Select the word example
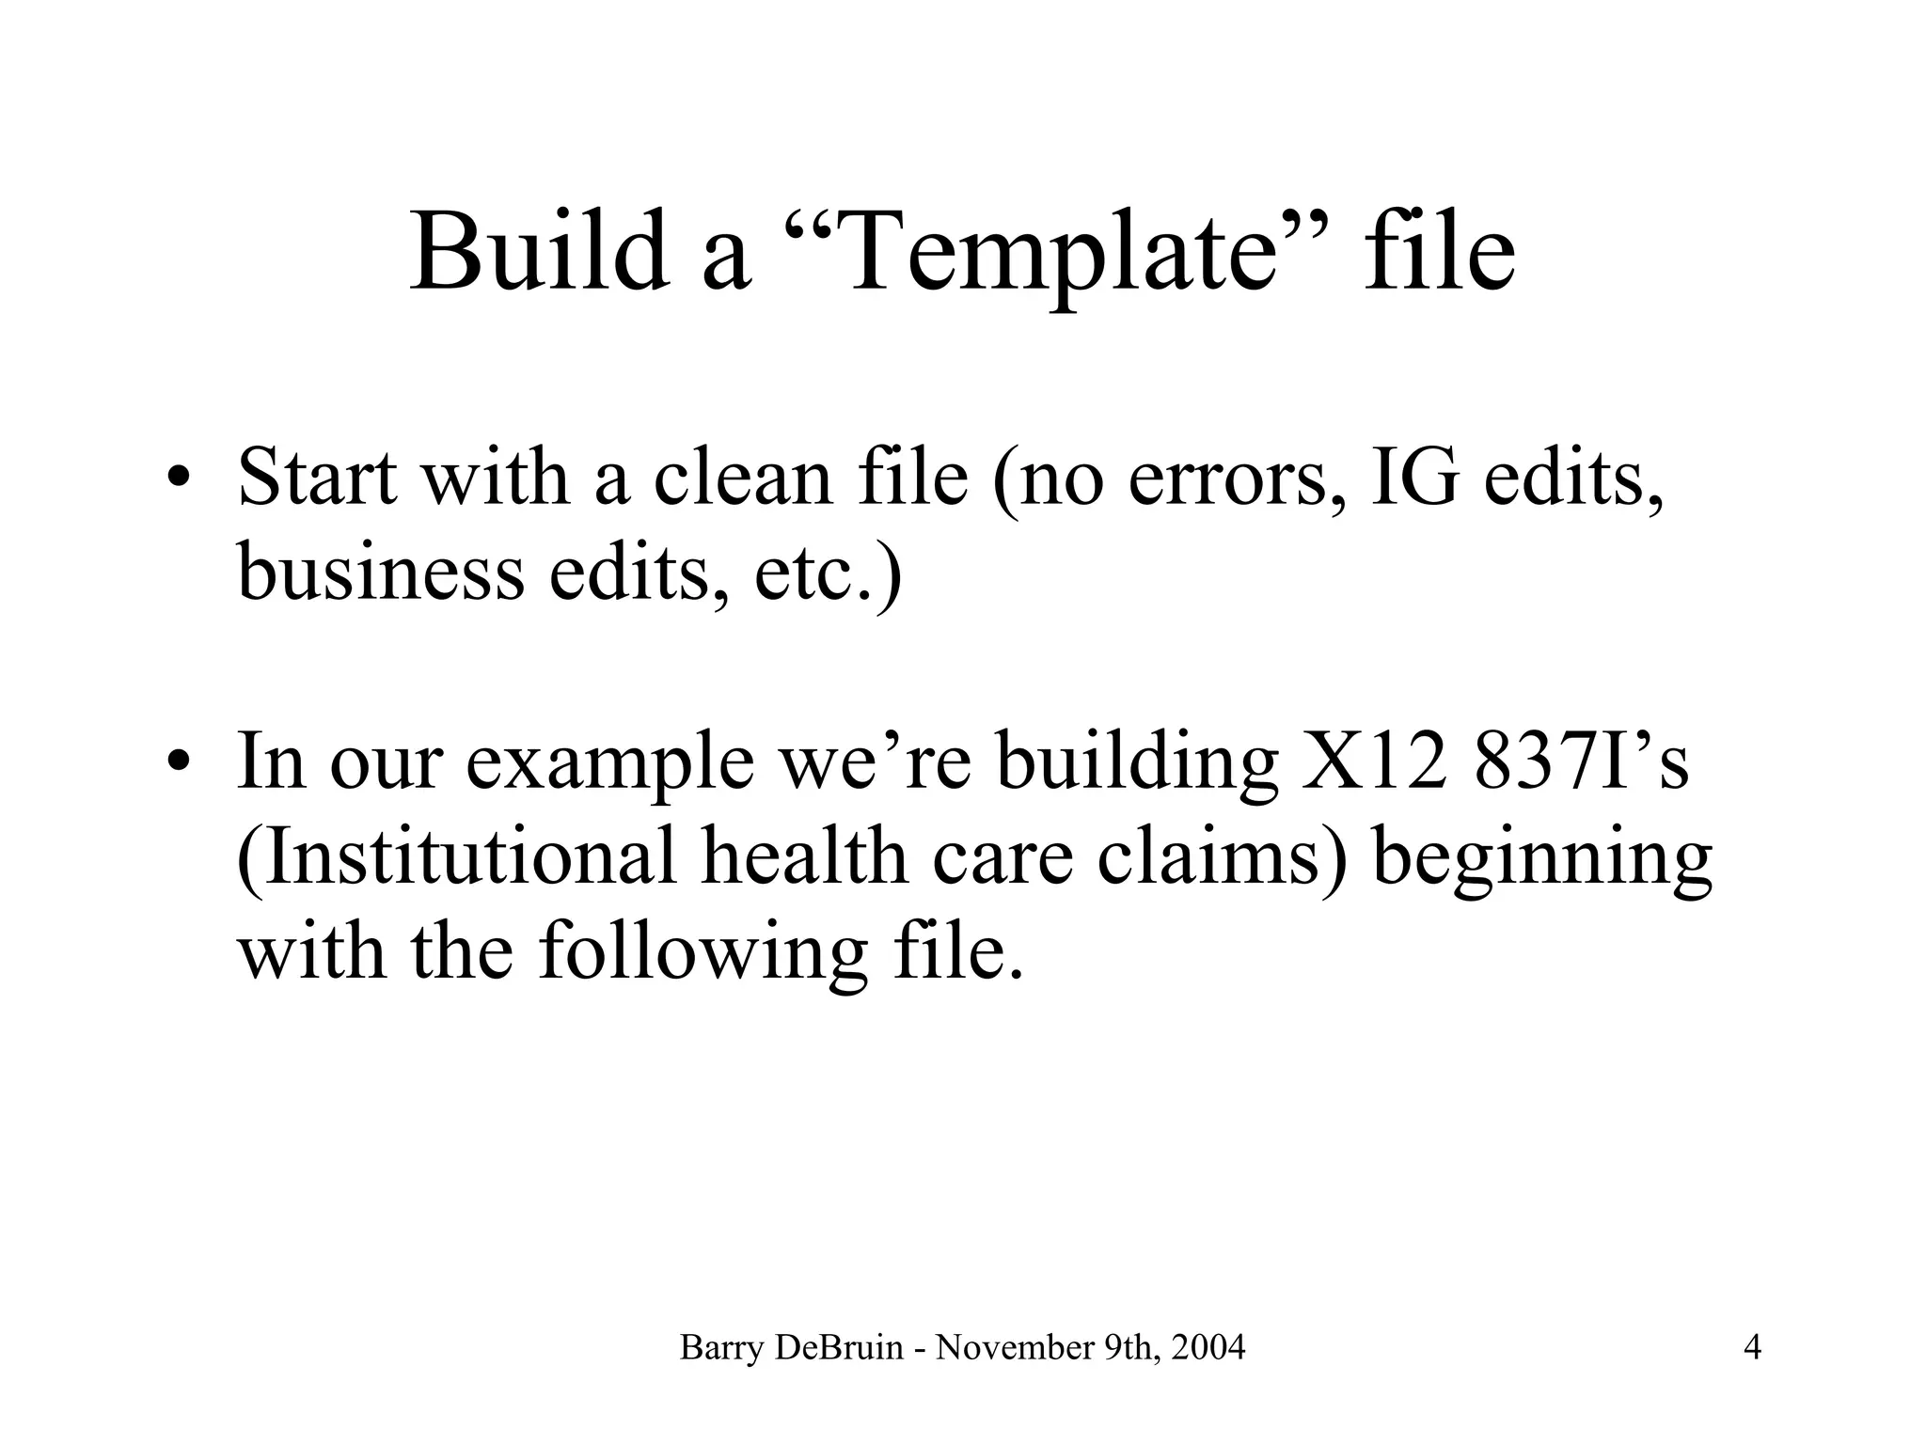tap(609, 763)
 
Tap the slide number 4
tap(1753, 1348)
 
